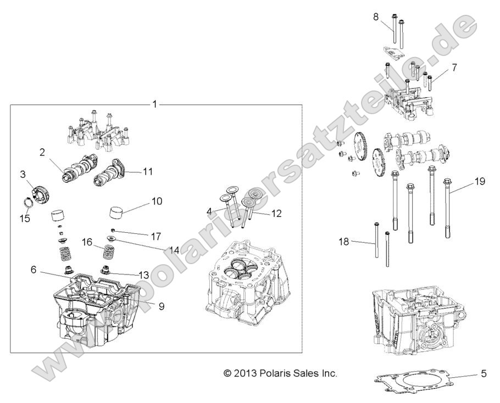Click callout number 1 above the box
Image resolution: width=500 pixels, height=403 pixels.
coord(155,104)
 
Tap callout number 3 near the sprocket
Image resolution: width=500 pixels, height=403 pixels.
coord(23,175)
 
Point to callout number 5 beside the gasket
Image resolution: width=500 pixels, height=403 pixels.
coord(484,374)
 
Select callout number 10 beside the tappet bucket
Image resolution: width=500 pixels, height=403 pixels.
coord(157,201)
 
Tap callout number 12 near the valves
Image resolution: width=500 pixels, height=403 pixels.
coord(276,213)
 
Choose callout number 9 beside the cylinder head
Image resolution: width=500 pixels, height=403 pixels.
coord(161,306)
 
